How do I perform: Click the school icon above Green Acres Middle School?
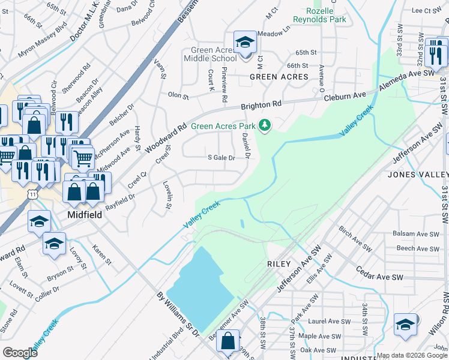pyautogui.click(x=244, y=43)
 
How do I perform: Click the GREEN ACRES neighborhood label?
pyautogui.click(x=279, y=77)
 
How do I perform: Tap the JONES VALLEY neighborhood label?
pyautogui.click(x=418, y=175)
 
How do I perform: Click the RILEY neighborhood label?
pyautogui.click(x=279, y=264)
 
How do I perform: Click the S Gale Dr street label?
pyautogui.click(x=221, y=157)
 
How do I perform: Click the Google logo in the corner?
pyautogui.click(x=20, y=353)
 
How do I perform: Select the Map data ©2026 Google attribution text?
pyautogui.click(x=412, y=355)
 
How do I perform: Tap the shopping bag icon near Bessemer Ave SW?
pyautogui.click(x=229, y=341)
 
